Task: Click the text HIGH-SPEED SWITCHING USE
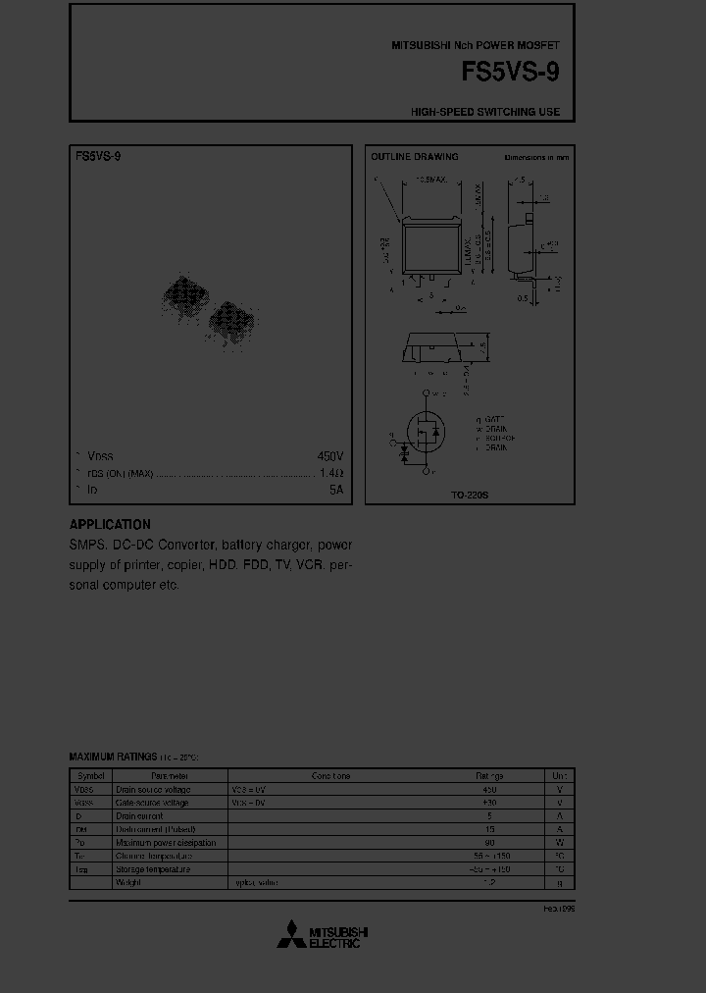click(x=485, y=112)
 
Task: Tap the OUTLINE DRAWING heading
click(x=414, y=157)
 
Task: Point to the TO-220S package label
click(x=470, y=496)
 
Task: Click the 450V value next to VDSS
click(x=329, y=456)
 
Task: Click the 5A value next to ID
click(x=336, y=489)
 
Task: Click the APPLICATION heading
click(x=110, y=524)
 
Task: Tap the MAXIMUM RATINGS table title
click(x=113, y=757)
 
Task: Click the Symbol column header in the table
click(x=90, y=775)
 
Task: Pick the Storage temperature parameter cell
click(x=153, y=869)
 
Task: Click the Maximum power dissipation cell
click(x=166, y=843)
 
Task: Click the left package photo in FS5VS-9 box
click(x=183, y=294)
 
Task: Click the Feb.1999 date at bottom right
click(x=559, y=910)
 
